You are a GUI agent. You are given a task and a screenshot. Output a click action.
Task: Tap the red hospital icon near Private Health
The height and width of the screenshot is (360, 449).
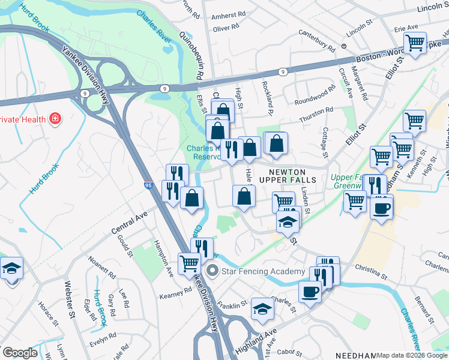point(56,119)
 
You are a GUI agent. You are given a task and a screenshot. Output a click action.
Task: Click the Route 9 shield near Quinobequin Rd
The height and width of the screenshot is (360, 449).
point(165,88)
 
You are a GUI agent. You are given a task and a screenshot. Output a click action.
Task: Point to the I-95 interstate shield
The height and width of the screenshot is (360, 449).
point(148,186)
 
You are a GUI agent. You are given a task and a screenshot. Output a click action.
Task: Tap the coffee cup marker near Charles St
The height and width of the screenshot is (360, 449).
point(310,292)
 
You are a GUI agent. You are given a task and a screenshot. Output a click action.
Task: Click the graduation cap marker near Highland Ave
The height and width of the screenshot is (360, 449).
point(262,309)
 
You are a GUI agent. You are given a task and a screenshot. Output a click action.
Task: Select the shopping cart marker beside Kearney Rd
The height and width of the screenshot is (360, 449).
point(189,263)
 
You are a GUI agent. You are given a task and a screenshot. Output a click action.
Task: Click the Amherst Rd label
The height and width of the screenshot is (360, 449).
point(229,14)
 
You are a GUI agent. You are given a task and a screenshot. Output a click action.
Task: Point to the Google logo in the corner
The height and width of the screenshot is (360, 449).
point(20,353)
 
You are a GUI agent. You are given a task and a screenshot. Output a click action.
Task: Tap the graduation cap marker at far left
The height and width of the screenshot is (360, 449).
point(11,268)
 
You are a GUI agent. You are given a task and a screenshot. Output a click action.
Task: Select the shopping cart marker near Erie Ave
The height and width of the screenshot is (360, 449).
point(415,43)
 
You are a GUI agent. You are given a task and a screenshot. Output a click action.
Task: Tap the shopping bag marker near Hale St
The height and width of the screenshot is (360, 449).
point(244,196)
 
